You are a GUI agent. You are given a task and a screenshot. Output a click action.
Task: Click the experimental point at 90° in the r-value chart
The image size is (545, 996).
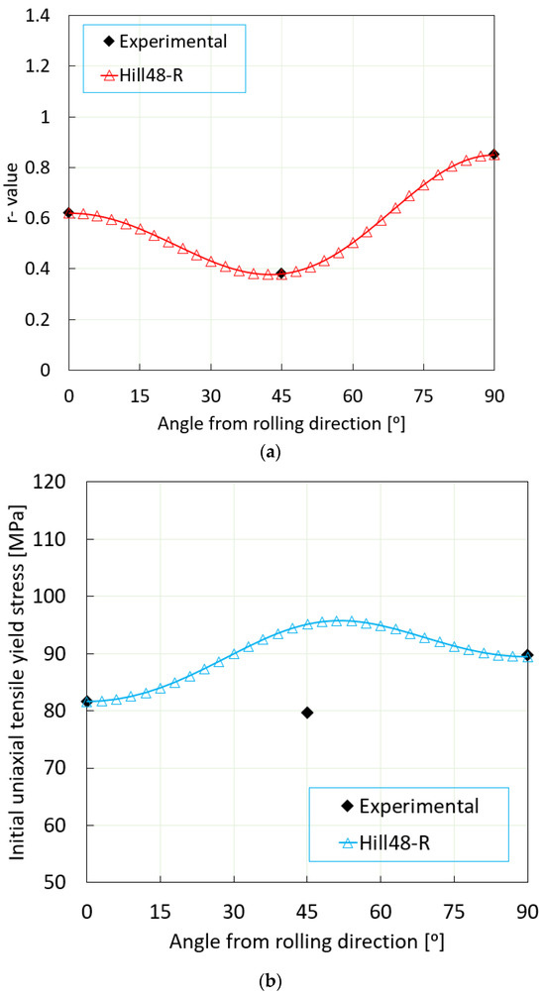click(x=494, y=155)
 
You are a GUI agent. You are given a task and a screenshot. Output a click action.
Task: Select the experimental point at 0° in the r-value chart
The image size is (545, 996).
click(x=68, y=213)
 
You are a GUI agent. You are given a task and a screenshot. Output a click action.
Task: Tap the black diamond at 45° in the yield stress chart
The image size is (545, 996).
click(x=307, y=713)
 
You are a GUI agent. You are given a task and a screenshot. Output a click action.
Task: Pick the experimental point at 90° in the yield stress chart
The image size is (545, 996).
click(x=526, y=655)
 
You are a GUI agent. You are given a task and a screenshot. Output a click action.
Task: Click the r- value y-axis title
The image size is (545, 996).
click(x=14, y=192)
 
